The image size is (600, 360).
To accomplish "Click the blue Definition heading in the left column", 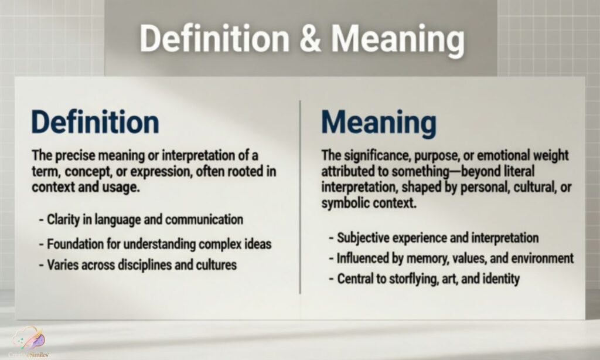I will point(95,122).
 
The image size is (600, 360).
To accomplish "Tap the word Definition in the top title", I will point(215,39).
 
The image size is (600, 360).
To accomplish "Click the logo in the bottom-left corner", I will point(28,341).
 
